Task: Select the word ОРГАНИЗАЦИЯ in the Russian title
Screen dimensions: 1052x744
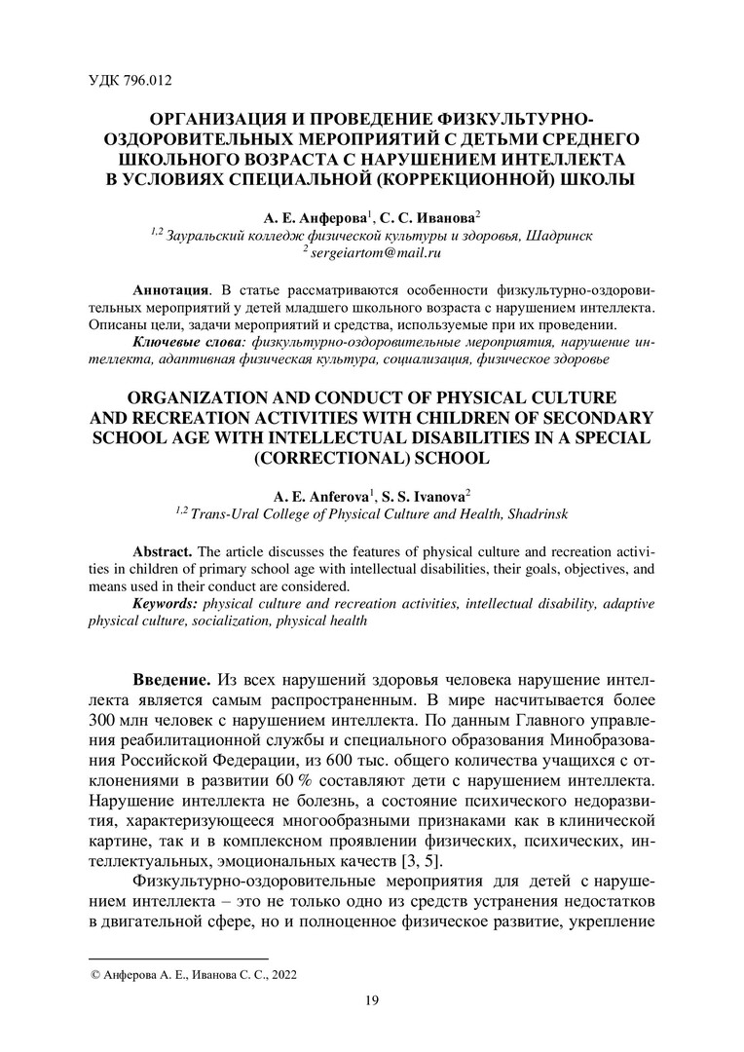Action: [201, 118]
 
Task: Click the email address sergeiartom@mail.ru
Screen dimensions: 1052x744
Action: [376, 252]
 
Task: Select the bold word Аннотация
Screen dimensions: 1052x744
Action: [169, 290]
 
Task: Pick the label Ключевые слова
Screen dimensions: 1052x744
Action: [188, 342]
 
